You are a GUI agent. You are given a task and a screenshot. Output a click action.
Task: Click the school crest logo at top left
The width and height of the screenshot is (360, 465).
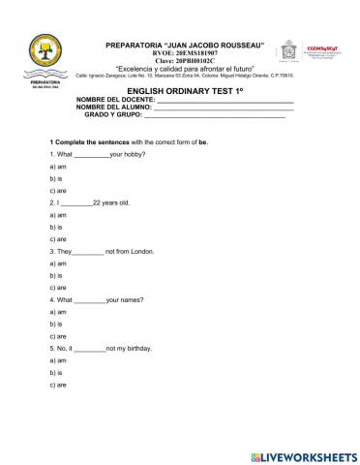(x=40, y=58)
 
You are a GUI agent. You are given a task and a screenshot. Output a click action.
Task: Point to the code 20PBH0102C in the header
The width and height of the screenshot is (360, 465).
(x=187, y=62)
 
